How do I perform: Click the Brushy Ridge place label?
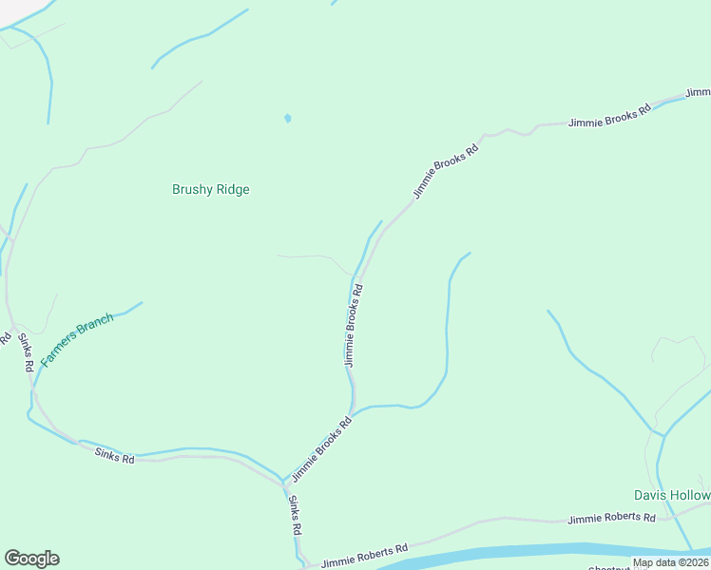coord(210,189)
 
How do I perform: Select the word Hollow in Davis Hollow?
coord(689,496)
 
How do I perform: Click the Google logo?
coord(31,559)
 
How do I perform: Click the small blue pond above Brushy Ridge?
coord(287,119)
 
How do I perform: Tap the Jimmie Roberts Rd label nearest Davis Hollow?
coord(611,519)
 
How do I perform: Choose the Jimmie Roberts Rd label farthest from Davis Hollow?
coord(364,556)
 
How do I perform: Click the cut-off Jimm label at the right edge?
coord(698,93)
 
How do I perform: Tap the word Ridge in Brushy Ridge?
coord(232,189)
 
